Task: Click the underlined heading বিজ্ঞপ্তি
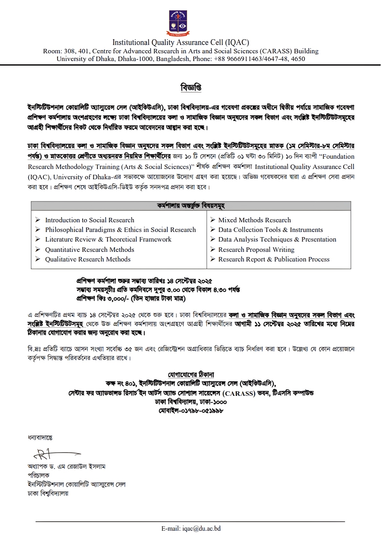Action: coord(191,87)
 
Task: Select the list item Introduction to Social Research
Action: coord(90,220)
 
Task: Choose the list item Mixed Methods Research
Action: coord(255,220)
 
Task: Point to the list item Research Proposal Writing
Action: coord(256,250)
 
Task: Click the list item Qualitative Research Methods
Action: coord(88,259)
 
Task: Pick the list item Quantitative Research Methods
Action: coord(90,250)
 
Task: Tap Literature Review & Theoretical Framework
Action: coord(108,239)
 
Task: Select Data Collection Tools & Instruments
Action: coord(271,230)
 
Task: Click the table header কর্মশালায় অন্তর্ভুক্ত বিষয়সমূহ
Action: coord(191,206)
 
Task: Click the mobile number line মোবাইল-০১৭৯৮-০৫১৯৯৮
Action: coord(191,411)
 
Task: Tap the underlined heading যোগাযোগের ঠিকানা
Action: coord(191,375)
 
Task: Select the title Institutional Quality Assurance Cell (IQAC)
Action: coord(181,42)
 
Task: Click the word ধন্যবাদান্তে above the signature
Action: coord(40,438)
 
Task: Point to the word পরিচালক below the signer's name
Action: coord(39,475)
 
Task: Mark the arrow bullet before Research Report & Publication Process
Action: coord(213,259)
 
